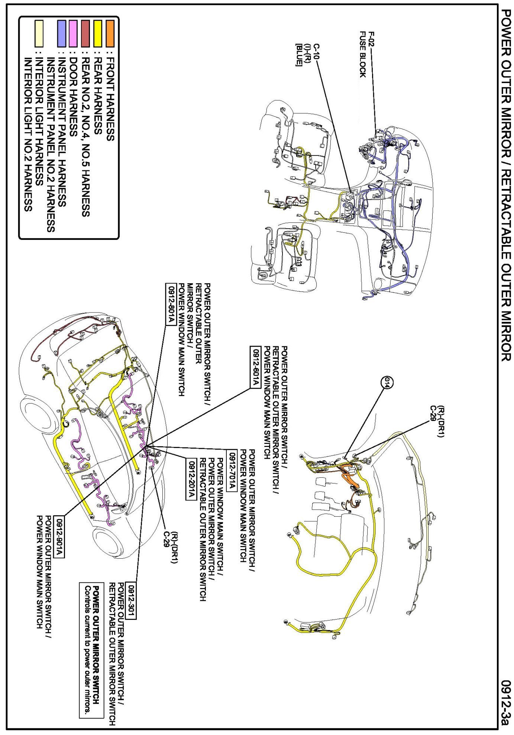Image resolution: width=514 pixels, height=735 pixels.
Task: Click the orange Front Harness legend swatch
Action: coord(110,33)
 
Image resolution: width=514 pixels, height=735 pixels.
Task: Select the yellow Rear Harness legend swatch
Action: coord(98,33)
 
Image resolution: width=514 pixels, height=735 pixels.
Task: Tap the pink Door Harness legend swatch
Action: coord(73,33)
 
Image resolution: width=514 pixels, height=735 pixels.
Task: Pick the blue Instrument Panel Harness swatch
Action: coord(62,33)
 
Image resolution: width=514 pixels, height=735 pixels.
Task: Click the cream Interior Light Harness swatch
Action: coord(39,33)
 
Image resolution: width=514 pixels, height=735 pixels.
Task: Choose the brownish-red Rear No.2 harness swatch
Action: coord(85,33)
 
